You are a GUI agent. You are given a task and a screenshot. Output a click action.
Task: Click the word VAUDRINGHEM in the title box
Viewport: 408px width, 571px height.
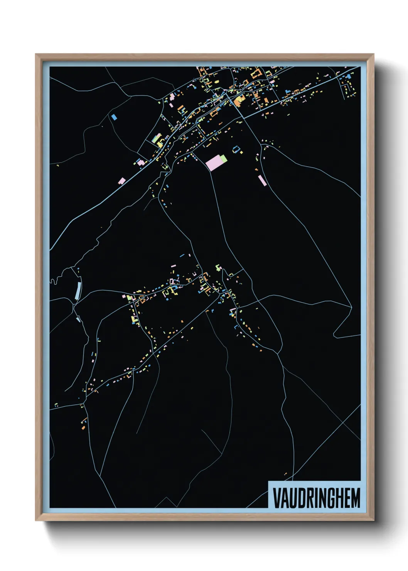point(316,498)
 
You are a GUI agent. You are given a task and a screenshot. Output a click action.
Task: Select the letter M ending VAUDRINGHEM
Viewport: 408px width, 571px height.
point(355,498)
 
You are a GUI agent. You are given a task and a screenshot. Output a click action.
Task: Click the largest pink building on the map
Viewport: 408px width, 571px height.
point(213,163)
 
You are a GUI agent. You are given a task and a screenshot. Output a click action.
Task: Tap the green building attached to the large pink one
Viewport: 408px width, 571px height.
point(223,158)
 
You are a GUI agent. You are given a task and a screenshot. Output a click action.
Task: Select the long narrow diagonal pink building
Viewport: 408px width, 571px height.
point(262,180)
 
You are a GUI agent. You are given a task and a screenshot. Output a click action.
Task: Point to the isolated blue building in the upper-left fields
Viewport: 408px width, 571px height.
point(114,116)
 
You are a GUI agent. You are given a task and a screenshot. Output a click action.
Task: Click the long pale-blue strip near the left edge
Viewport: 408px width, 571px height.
point(78,291)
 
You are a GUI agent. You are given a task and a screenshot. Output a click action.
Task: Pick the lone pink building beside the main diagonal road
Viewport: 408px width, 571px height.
point(122,181)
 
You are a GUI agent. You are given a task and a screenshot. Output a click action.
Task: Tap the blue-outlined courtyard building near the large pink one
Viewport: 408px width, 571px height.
point(236,149)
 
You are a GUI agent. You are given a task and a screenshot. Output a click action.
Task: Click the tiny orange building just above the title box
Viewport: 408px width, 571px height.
point(286,474)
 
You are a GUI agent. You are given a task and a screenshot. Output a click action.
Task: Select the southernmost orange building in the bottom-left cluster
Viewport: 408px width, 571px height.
point(83,427)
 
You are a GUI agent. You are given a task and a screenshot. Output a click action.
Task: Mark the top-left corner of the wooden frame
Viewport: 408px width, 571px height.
point(36,54)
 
